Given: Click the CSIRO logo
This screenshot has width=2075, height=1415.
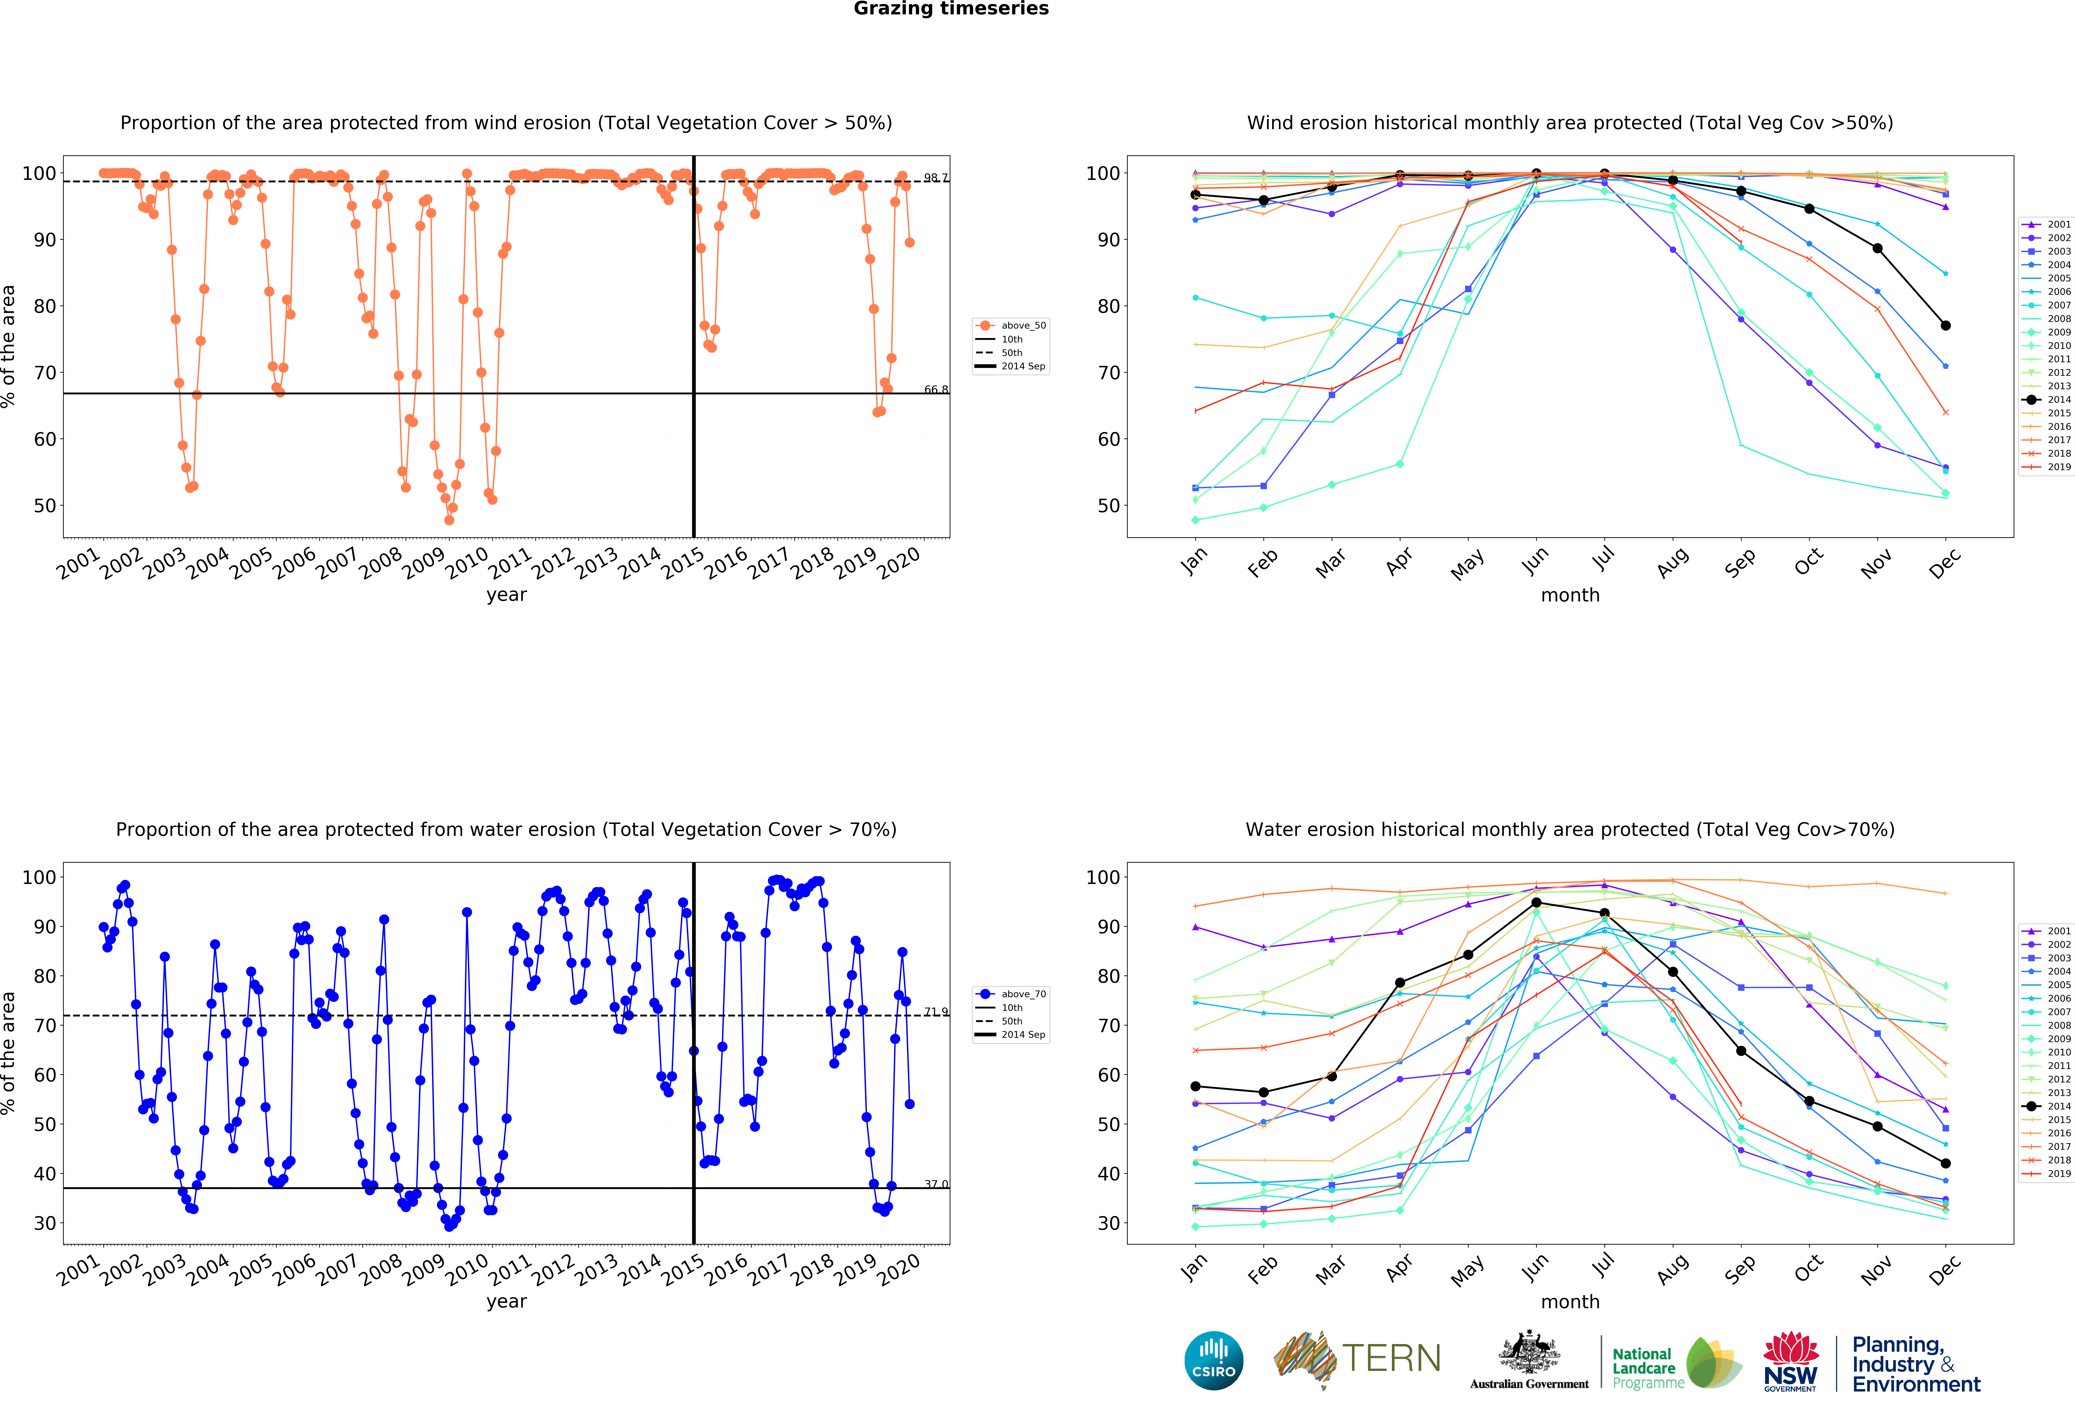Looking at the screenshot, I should click(x=1213, y=1361).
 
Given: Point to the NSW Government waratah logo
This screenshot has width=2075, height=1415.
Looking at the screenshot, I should click(x=1790, y=1361).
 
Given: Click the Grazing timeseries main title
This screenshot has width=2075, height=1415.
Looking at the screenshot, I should click(x=951, y=9).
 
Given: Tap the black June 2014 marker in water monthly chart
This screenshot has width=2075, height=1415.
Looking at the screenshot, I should click(x=1536, y=903).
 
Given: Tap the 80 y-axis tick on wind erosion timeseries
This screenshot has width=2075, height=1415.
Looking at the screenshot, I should click(x=45, y=306).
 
